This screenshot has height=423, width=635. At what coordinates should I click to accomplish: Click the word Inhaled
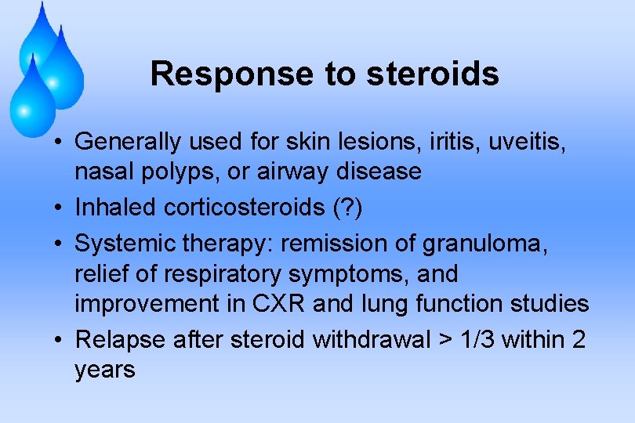(116, 208)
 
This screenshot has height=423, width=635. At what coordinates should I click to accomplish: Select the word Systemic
(125, 245)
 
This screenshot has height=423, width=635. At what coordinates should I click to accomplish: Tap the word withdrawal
(372, 340)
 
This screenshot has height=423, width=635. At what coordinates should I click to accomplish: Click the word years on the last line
(105, 370)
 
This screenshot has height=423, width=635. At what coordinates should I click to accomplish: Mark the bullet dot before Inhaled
(60, 208)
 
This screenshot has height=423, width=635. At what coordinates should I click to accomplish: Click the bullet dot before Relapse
(60, 341)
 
